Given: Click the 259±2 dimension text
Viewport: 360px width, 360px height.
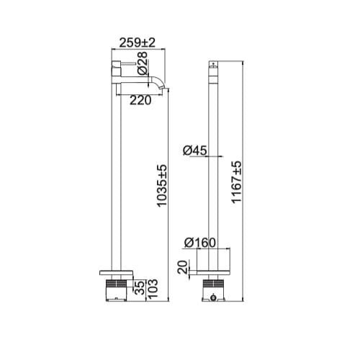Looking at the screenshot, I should [137, 43].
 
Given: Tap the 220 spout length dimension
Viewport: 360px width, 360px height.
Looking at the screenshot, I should [141, 101].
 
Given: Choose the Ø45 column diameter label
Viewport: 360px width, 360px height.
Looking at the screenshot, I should [195, 150].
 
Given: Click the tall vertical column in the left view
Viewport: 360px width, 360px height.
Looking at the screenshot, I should [114, 180].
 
